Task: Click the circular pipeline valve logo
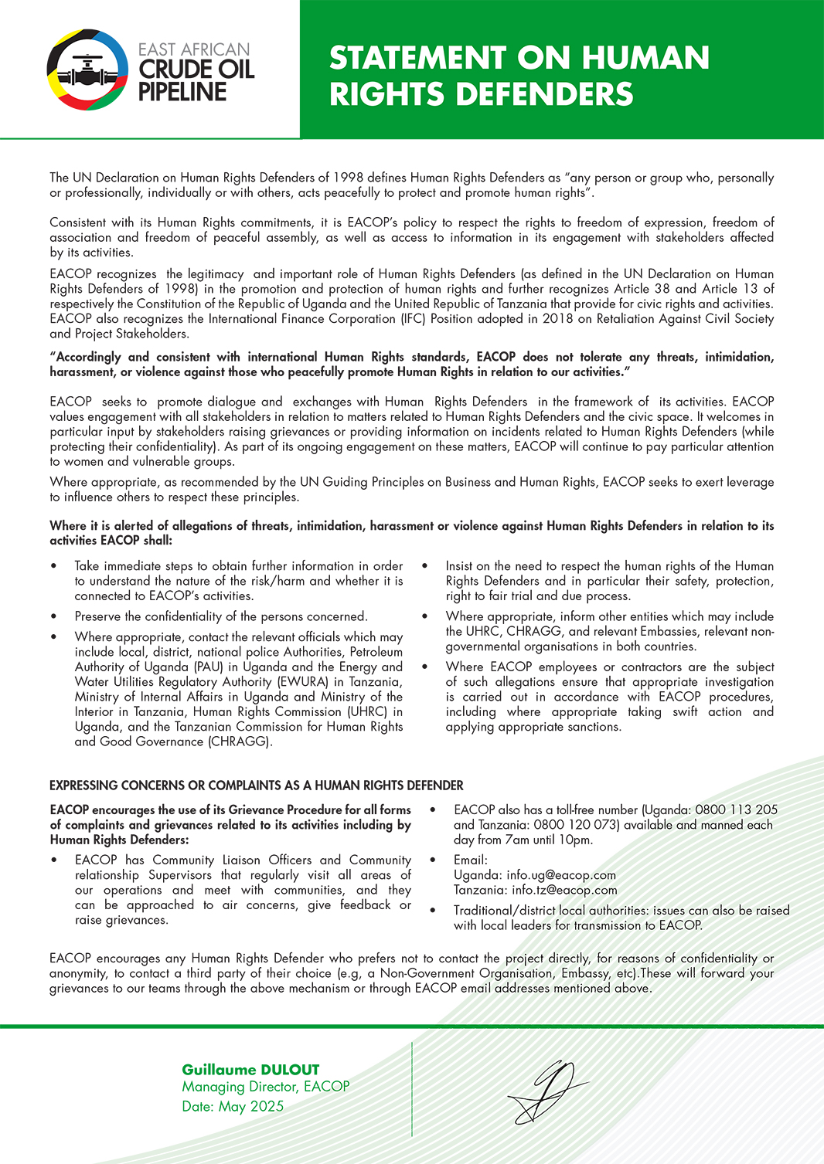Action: tap(87, 70)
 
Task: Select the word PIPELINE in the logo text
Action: tap(182, 92)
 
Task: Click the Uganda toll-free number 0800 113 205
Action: tap(736, 809)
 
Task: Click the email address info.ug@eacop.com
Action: tap(561, 875)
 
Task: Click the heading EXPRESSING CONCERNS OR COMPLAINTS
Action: tap(256, 786)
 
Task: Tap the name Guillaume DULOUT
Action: tap(250, 1070)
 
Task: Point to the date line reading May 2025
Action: tap(233, 1106)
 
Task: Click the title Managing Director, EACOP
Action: tap(266, 1087)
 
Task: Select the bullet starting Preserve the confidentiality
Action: tap(221, 616)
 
